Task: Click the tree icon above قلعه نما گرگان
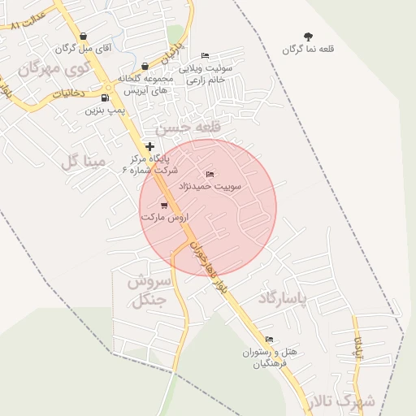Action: pyautogui.click(x=308, y=37)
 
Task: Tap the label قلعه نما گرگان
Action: pyautogui.click(x=309, y=50)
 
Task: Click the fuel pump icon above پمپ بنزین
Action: pyautogui.click(x=106, y=97)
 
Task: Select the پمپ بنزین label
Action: pyautogui.click(x=105, y=110)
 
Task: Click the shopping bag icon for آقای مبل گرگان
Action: pyautogui.click(x=105, y=38)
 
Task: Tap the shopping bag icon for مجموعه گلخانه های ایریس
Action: pyautogui.click(x=145, y=67)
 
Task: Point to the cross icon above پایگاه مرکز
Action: pyautogui.click(x=149, y=145)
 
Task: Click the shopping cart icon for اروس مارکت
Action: pyautogui.click(x=164, y=206)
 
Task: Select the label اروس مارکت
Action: pyautogui.click(x=164, y=218)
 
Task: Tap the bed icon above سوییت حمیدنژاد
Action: pyautogui.click(x=210, y=174)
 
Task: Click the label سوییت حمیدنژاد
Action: pyautogui.click(x=211, y=186)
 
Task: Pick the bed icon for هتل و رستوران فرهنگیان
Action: pyautogui.click(x=269, y=339)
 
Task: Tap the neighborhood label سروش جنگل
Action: pyautogui.click(x=148, y=291)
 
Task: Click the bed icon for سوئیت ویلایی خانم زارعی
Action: pyautogui.click(x=205, y=55)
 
